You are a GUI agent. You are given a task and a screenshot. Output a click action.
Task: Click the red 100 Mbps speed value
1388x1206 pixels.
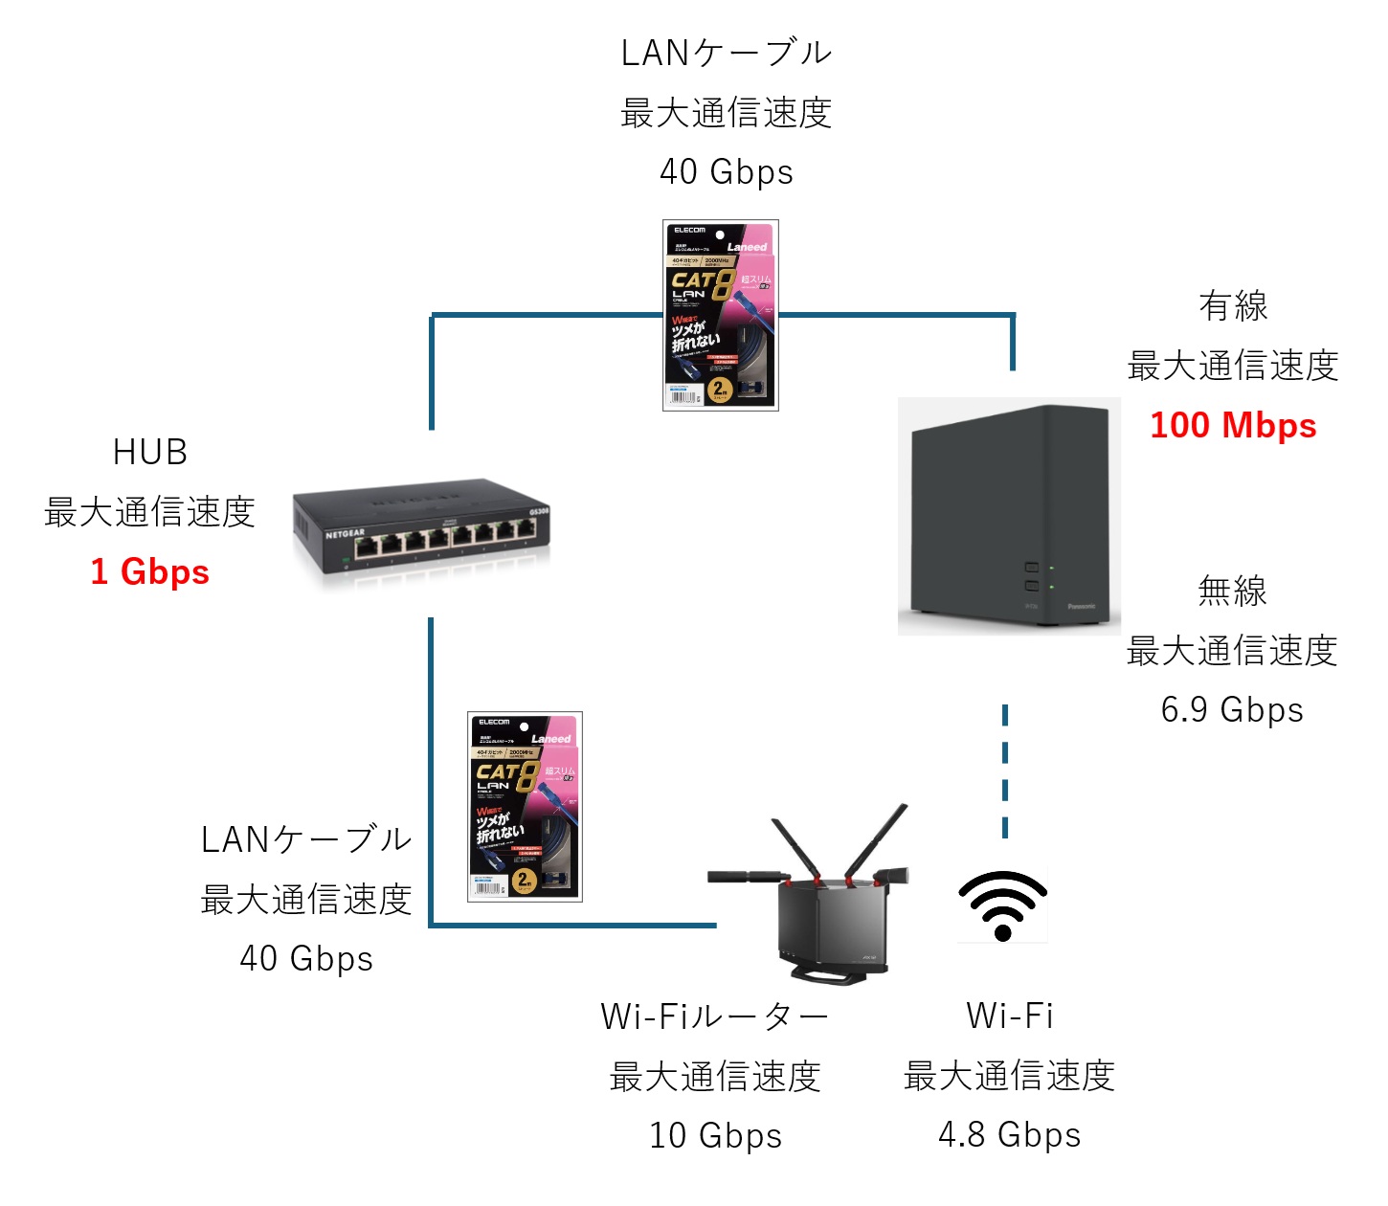click(1233, 425)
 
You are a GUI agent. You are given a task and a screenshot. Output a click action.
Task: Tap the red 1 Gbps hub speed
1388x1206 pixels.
click(150, 571)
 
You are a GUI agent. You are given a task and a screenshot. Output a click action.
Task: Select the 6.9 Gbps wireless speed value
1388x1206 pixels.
click(1232, 710)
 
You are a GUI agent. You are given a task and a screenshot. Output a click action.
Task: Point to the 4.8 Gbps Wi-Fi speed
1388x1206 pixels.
click(1009, 1135)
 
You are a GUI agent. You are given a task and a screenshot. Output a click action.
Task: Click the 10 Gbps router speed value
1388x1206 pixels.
click(715, 1136)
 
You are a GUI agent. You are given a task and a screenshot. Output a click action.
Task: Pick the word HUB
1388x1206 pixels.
click(150, 452)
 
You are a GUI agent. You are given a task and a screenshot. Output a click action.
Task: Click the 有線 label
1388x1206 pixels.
click(1233, 306)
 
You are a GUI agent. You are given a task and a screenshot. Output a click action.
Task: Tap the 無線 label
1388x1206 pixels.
click(1232, 592)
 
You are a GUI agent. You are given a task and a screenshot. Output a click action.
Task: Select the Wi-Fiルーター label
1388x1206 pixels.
click(714, 1016)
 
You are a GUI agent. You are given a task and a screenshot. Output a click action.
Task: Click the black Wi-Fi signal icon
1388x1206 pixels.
click(1003, 905)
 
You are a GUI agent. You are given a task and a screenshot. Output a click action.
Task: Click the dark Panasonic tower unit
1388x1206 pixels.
click(1009, 517)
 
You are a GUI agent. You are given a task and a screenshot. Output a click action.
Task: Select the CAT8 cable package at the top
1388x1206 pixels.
click(720, 316)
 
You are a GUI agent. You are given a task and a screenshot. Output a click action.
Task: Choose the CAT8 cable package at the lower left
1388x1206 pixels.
click(525, 807)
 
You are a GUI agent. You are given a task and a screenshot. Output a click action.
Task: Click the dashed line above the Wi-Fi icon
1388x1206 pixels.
click(1005, 770)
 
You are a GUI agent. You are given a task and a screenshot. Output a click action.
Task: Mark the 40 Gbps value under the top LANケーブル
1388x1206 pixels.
click(727, 172)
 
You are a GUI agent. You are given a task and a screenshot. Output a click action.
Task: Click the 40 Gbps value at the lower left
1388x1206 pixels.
click(306, 958)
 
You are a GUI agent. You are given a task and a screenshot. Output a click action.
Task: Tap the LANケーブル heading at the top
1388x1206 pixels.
click(727, 54)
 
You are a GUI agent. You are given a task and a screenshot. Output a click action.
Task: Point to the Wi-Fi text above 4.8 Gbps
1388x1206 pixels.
click(1010, 1016)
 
